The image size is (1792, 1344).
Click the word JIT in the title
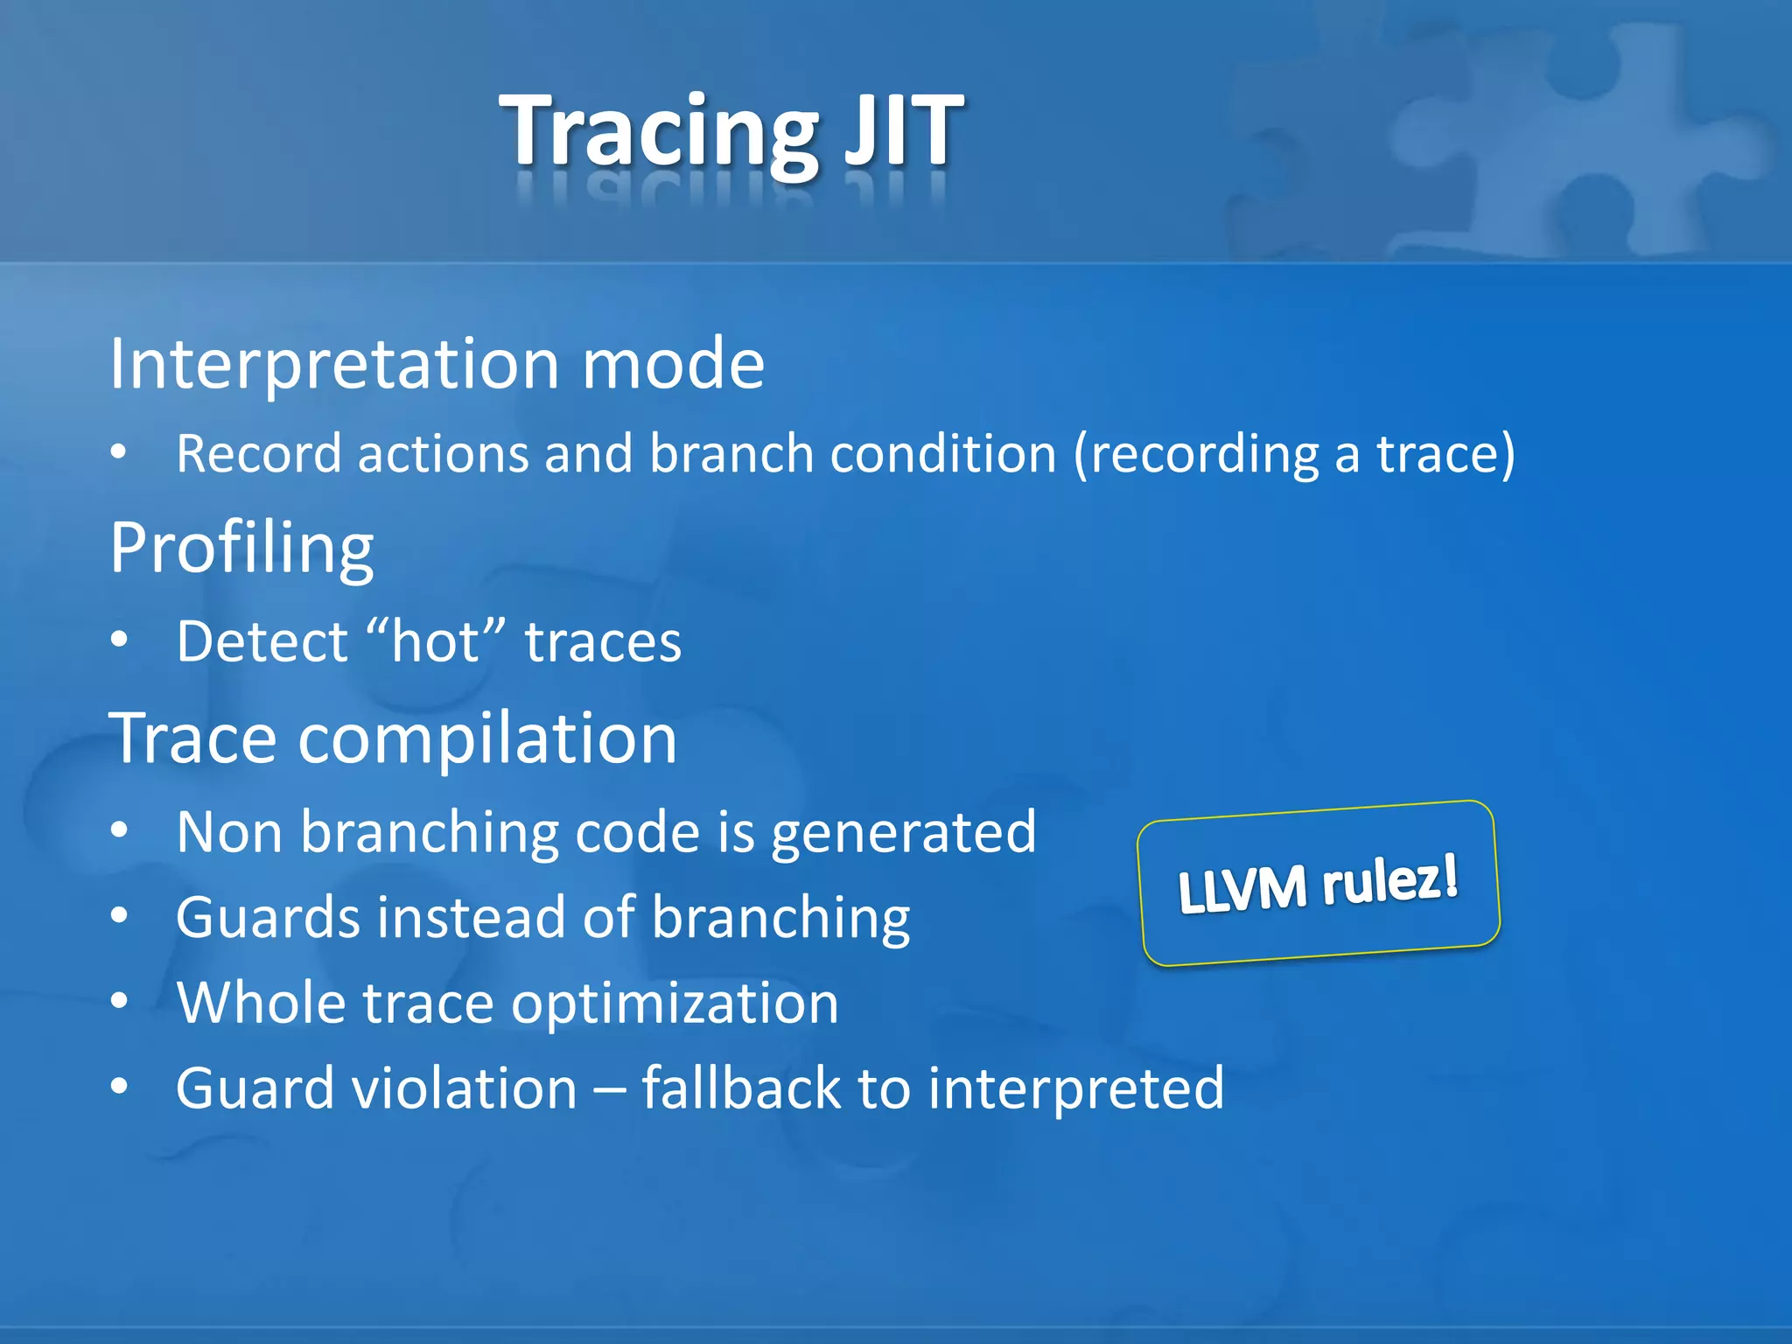point(903,131)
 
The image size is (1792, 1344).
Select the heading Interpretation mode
point(437,364)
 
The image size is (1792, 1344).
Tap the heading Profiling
point(241,548)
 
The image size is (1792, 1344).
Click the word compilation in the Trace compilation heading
point(487,738)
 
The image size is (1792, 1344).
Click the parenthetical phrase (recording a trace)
point(1294,454)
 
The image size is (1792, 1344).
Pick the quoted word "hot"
point(436,641)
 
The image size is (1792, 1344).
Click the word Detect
point(262,641)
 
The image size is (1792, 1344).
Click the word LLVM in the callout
point(1242,890)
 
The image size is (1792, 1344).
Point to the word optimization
point(675,1003)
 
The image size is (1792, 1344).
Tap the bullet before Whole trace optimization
point(120,1000)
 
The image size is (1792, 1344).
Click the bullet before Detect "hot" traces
point(120,640)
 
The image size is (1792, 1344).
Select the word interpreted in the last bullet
point(1075,1088)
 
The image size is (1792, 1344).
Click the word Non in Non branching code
point(229,832)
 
